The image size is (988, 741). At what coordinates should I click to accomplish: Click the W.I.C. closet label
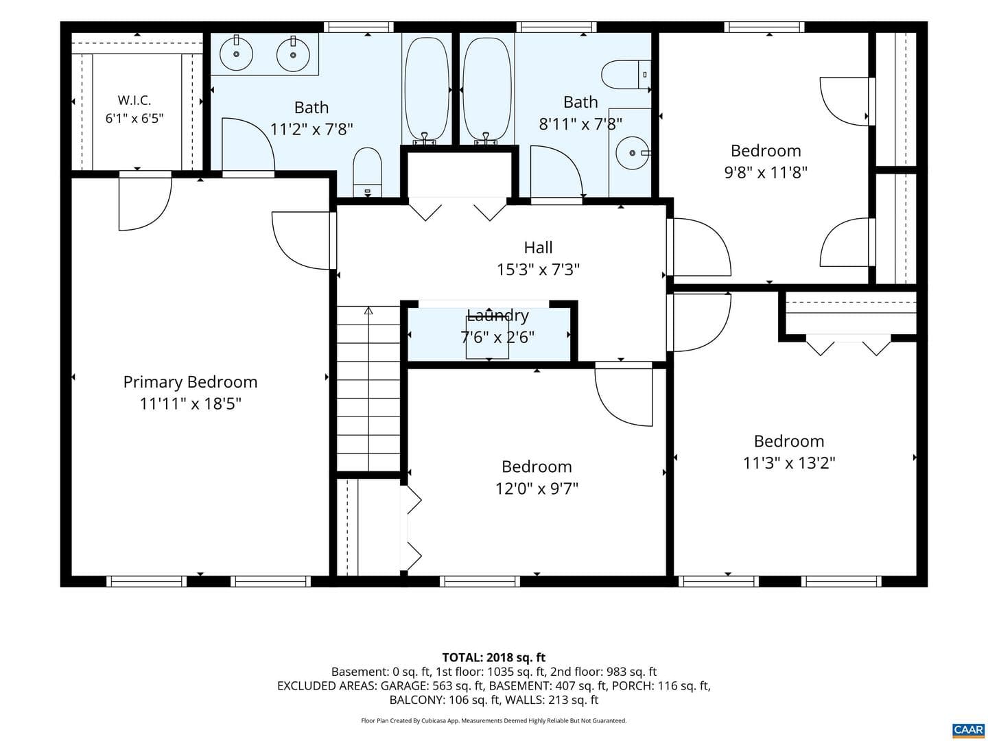(x=134, y=100)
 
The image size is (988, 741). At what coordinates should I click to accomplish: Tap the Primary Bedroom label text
(x=191, y=382)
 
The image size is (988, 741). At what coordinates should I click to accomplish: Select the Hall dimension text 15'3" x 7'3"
(x=538, y=270)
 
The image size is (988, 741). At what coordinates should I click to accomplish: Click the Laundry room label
(x=497, y=316)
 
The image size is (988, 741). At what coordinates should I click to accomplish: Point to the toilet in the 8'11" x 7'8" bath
(x=626, y=75)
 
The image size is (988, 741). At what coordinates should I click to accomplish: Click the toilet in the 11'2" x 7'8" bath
(x=367, y=172)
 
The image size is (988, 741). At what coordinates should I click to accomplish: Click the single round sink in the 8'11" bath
(x=633, y=153)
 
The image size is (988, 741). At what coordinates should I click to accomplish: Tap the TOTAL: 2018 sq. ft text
(x=494, y=658)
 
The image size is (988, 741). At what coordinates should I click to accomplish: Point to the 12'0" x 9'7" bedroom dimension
(x=537, y=488)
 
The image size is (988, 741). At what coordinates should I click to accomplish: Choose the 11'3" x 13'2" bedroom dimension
(x=788, y=462)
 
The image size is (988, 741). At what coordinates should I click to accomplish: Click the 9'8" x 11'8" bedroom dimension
(x=766, y=172)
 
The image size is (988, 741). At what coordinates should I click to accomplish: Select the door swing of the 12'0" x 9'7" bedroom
(x=624, y=396)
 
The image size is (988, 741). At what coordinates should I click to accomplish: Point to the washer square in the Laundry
(x=487, y=338)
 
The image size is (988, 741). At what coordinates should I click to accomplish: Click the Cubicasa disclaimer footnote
(x=494, y=720)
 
